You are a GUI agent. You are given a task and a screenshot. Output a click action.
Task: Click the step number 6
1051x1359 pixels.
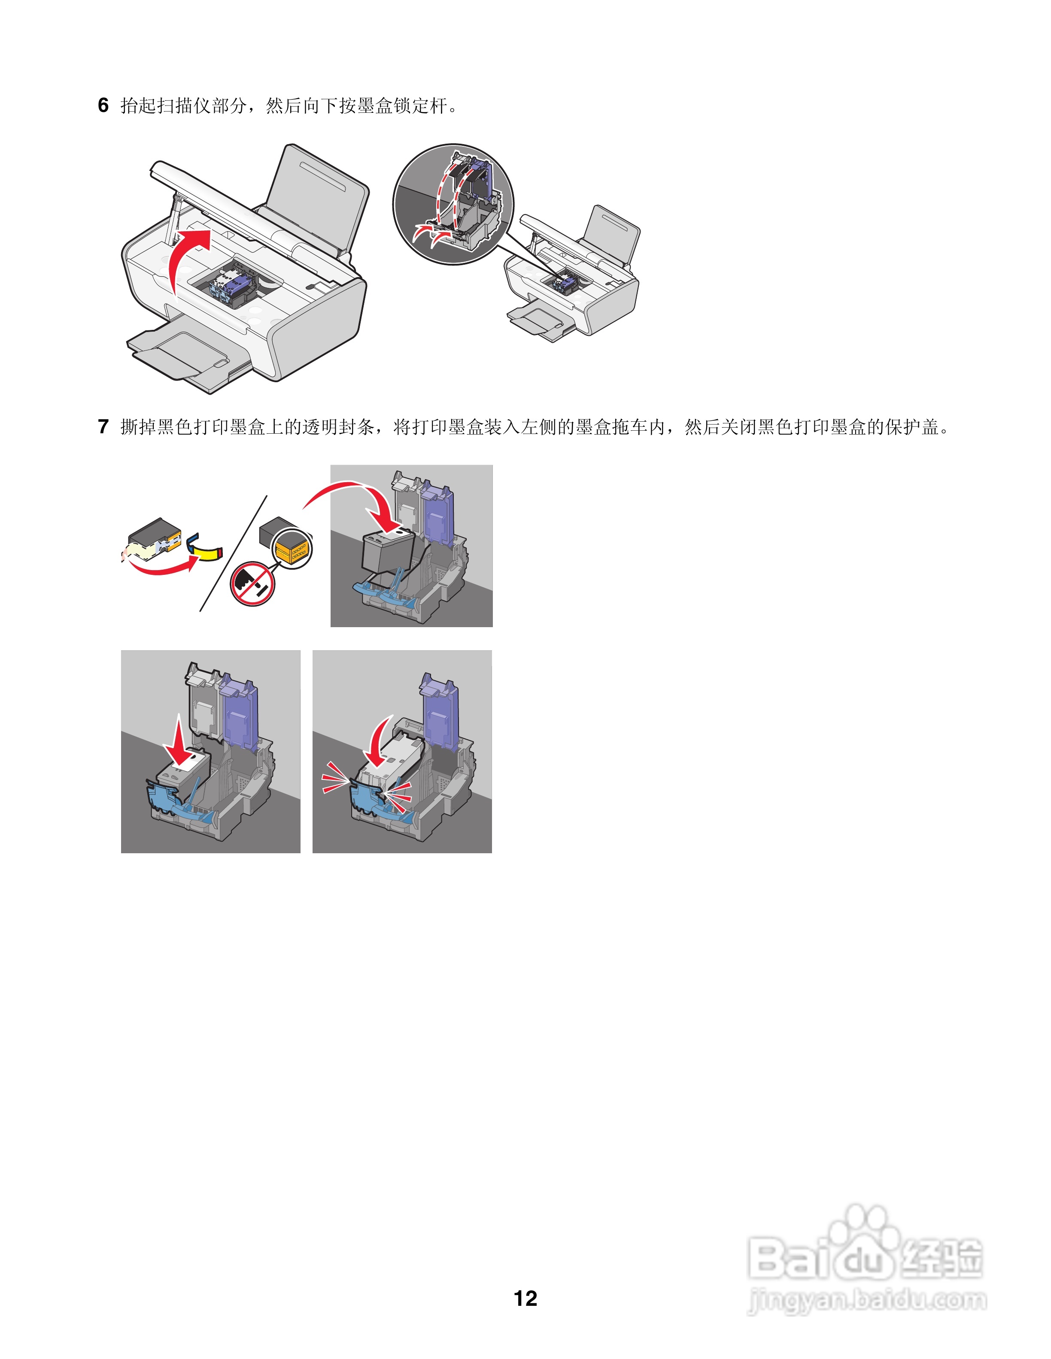point(103,105)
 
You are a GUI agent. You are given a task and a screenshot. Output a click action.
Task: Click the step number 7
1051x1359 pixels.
point(103,427)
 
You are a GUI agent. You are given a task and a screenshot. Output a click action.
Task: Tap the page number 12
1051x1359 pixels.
point(525,1298)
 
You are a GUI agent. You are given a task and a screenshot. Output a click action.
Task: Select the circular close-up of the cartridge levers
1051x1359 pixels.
point(453,204)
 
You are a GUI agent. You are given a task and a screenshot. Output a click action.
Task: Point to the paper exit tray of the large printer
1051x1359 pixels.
point(181,358)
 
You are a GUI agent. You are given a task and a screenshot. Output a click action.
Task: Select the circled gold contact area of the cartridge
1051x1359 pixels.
point(293,549)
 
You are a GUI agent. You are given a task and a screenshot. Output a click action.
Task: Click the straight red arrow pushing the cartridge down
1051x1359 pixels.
point(180,743)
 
